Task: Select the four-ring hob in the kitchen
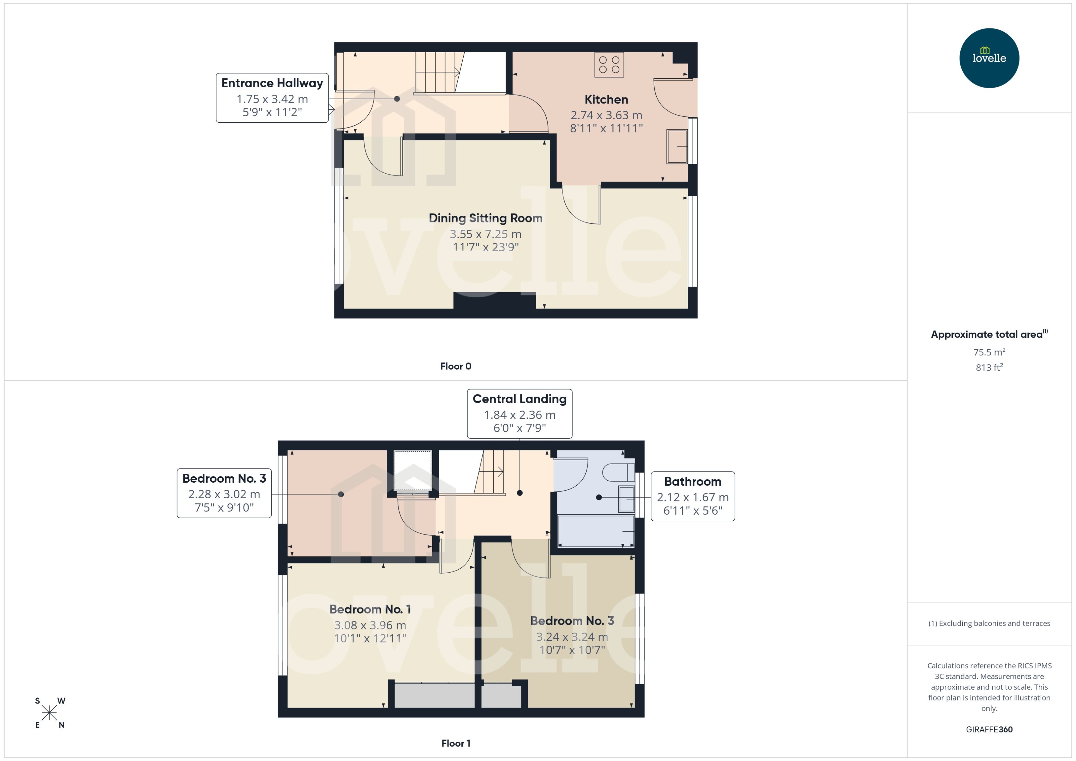tap(609, 65)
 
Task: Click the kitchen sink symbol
tap(677, 146)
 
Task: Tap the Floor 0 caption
tap(455, 366)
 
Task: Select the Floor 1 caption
tap(455, 743)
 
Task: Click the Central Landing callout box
tap(520, 413)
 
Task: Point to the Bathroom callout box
tap(693, 496)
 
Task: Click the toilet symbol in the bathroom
tap(618, 472)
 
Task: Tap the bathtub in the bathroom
tap(595, 531)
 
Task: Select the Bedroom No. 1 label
tap(370, 609)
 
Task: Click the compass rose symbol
tap(49, 713)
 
